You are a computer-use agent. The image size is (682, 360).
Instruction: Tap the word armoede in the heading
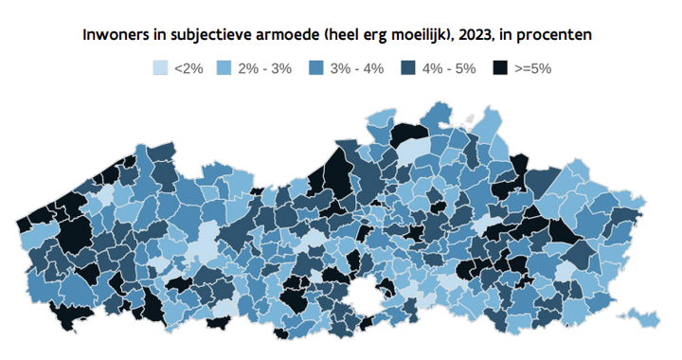pyautogui.click(x=283, y=35)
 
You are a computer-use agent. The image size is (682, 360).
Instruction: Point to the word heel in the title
pyautogui.click(x=343, y=35)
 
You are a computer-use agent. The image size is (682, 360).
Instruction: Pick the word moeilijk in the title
pyautogui.click(x=425, y=35)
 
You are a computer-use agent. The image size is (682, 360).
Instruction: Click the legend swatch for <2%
pyautogui.click(x=160, y=69)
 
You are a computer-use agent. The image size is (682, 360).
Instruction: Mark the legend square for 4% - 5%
pyautogui.click(x=409, y=69)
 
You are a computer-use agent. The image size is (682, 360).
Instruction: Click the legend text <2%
pyautogui.click(x=189, y=69)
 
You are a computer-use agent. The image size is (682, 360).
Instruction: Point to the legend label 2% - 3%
pyautogui.click(x=264, y=69)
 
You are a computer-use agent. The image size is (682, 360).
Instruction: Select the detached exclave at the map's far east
pyautogui.click(x=644, y=315)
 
